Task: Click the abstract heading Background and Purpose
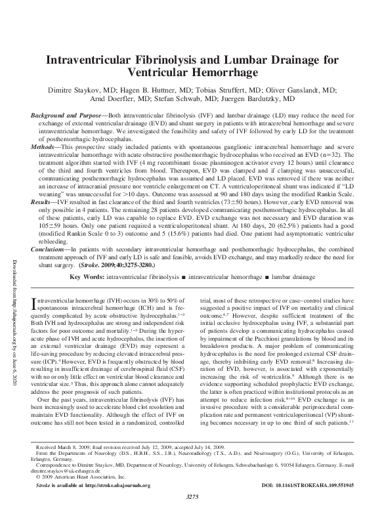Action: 66,116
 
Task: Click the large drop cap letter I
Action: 35,303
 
